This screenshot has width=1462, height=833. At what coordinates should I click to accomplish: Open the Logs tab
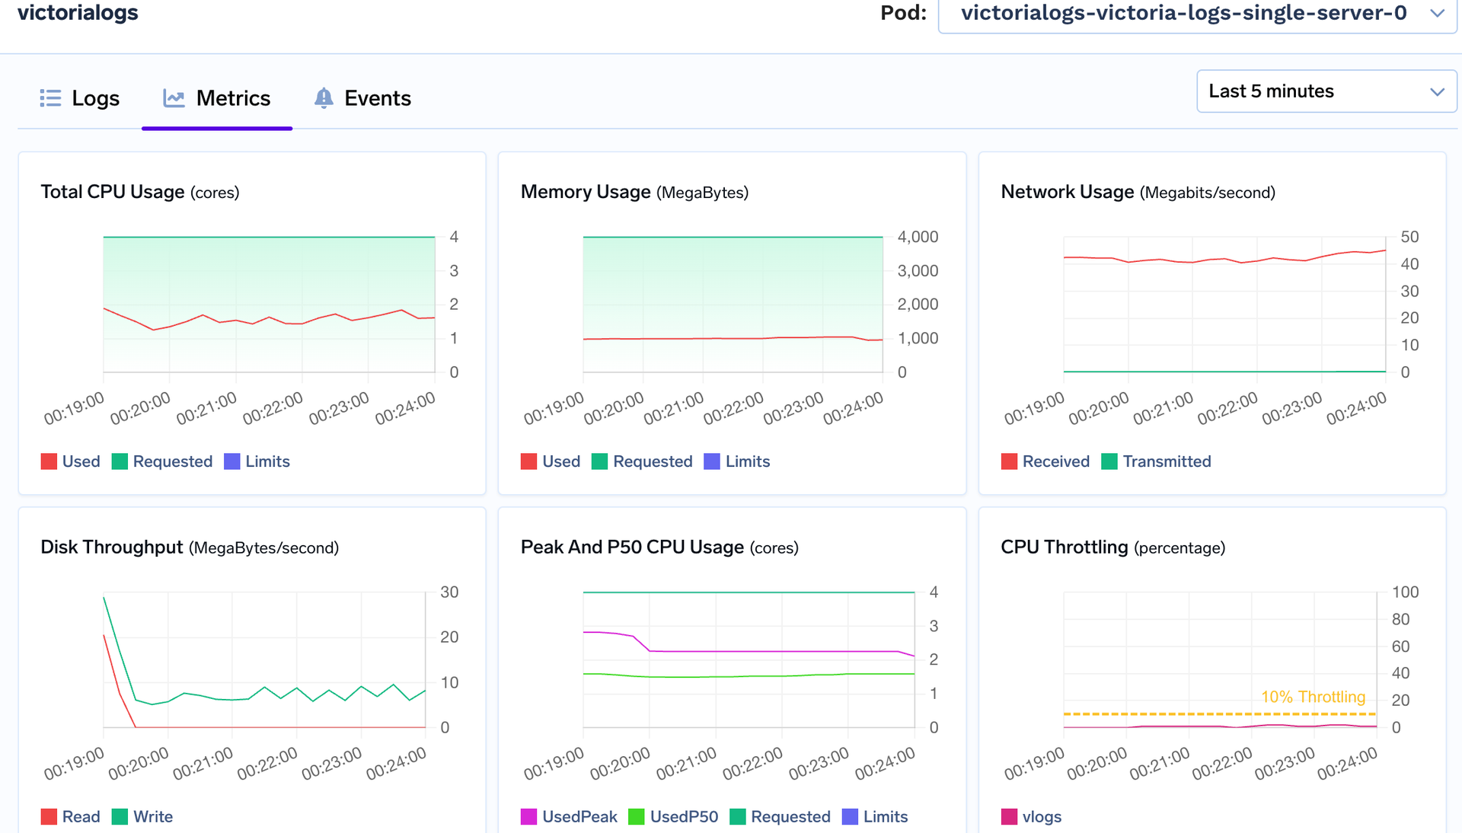[80, 98]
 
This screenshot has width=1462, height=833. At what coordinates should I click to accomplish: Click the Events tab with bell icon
[362, 98]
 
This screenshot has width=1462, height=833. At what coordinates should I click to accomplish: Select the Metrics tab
[217, 98]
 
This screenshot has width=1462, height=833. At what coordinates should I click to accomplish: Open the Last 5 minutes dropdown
[1326, 91]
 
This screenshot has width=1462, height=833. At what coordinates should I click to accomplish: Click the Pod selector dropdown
[1196, 13]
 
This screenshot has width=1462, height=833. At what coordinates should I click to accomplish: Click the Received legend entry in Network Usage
[1045, 461]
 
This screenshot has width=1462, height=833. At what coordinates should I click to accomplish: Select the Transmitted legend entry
[1156, 461]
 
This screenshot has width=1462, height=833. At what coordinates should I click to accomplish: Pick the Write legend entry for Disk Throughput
[142, 817]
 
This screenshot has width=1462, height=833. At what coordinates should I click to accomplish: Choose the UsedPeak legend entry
[569, 817]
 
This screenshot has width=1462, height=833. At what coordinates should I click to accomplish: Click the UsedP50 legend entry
[673, 817]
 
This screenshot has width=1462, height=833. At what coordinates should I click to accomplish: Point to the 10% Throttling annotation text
[1313, 697]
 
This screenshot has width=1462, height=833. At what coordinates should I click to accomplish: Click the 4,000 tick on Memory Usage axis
[918, 237]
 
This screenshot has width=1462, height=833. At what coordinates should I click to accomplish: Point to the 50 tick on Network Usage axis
[1409, 237]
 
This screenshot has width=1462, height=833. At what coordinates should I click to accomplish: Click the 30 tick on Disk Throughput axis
[449, 592]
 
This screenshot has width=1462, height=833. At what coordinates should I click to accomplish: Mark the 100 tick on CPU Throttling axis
[1405, 592]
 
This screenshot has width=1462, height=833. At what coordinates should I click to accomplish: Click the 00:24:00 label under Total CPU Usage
[406, 408]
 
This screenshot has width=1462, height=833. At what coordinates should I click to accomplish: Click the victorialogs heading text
[78, 13]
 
